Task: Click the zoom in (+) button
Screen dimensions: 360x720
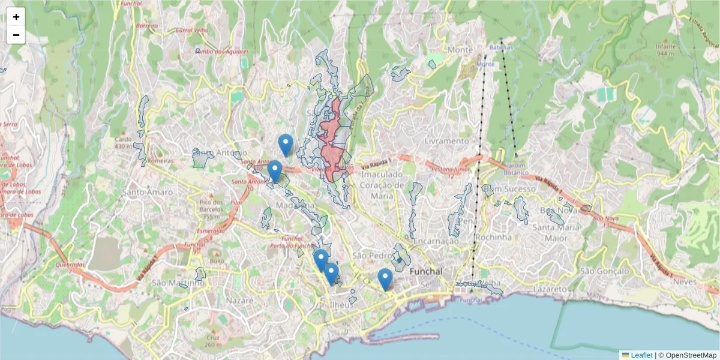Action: pyautogui.click(x=16, y=17)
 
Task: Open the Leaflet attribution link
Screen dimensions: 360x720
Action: pyautogui.click(x=641, y=355)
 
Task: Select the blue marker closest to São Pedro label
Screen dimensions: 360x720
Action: pyautogui.click(x=385, y=279)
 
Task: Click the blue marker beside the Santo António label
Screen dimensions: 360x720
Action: pyautogui.click(x=275, y=171)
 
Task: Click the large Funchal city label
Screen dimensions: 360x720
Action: pyautogui.click(x=425, y=271)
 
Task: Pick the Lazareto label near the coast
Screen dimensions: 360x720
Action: pyautogui.click(x=548, y=289)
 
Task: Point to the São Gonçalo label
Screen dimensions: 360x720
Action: pyautogui.click(x=604, y=271)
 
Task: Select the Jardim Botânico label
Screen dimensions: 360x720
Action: pyautogui.click(x=517, y=169)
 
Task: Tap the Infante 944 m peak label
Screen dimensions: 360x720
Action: pyautogui.click(x=665, y=50)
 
